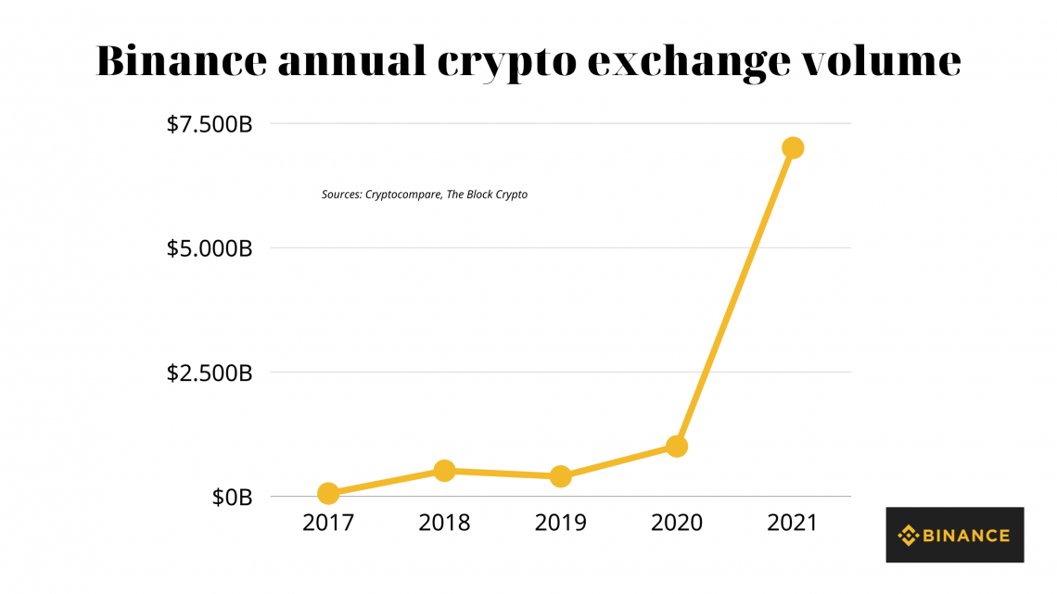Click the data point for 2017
327,493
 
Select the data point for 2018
444,471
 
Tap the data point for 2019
560,476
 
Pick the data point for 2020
677,446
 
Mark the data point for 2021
793,147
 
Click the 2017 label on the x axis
327,523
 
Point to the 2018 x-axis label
444,523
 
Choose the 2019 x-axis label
560,523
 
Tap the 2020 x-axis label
677,523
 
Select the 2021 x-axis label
793,523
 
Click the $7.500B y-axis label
209,124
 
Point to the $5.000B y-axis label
209,248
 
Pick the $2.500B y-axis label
209,373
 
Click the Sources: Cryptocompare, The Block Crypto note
425,195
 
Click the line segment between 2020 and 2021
734,297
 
